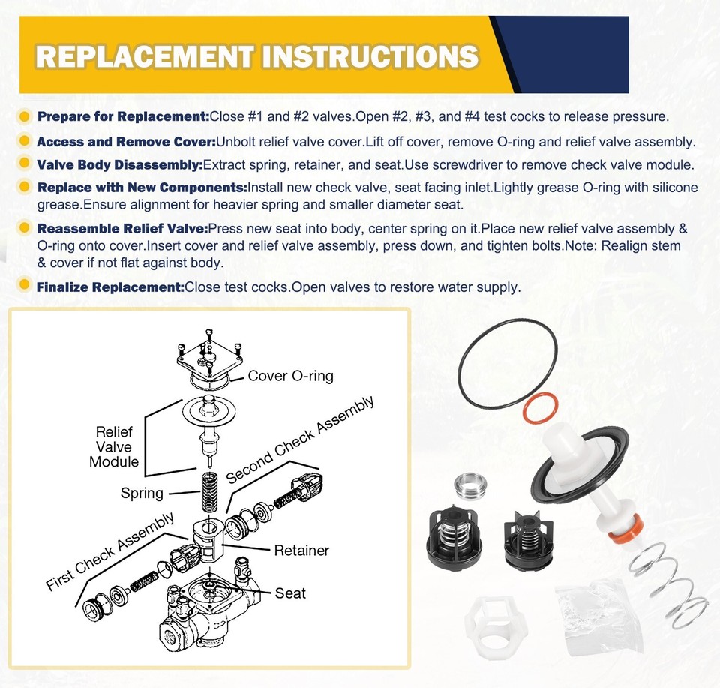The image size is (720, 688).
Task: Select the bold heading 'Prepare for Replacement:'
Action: tap(123, 116)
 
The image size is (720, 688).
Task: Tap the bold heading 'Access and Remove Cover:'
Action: tap(126, 142)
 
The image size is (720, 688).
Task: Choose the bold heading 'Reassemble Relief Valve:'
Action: tap(121, 229)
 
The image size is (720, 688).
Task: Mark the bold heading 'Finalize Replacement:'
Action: tap(109, 287)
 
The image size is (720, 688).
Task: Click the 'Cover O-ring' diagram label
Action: tap(290, 376)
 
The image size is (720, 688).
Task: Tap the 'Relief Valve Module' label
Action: tap(114, 447)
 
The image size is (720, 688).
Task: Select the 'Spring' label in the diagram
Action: tap(142, 493)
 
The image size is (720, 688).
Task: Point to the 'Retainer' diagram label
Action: tap(301, 551)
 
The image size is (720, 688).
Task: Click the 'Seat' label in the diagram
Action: tap(290, 593)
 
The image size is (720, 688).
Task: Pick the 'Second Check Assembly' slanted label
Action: tap(300, 440)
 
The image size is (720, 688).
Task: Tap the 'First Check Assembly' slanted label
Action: tap(110, 551)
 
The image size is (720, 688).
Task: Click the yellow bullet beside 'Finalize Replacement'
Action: tap(25, 286)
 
